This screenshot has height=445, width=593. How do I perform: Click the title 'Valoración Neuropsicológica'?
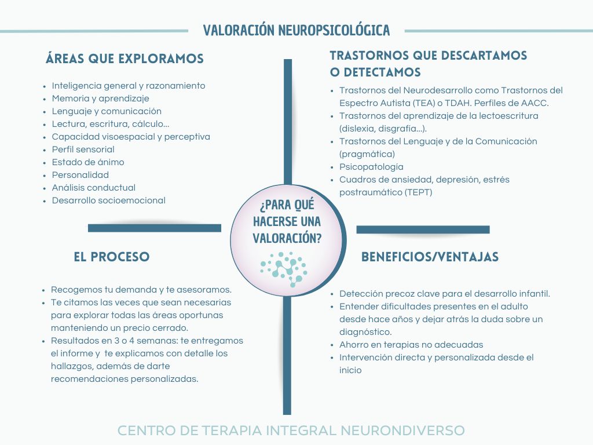[296, 30]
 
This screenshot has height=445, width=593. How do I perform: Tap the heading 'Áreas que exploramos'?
[125, 59]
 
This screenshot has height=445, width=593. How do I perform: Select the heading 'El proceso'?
[112, 257]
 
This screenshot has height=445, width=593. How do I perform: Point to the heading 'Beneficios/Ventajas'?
[430, 257]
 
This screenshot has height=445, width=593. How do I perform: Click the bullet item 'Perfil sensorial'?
[83, 149]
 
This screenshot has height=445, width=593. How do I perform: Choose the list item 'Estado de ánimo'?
[88, 162]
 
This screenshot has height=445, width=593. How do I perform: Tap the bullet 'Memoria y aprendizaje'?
[101, 99]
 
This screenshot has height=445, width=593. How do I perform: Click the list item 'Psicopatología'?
[371, 167]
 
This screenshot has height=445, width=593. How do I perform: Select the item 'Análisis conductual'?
[94, 188]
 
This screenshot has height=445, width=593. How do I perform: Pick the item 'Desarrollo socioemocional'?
[109, 200]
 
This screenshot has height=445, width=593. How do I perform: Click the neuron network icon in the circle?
[284, 269]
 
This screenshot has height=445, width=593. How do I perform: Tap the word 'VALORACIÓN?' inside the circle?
[287, 238]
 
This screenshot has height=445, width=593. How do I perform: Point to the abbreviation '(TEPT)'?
[418, 192]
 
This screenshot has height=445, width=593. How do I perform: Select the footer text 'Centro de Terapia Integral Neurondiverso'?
[291, 431]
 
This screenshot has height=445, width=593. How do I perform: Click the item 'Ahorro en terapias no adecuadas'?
[411, 345]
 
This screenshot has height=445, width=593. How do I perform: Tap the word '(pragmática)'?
[367, 154]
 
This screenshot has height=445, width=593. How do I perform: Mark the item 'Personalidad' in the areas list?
[80, 175]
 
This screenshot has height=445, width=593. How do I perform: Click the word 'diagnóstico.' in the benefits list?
[365, 332]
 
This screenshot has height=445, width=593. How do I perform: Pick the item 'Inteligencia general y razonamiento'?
[129, 86]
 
